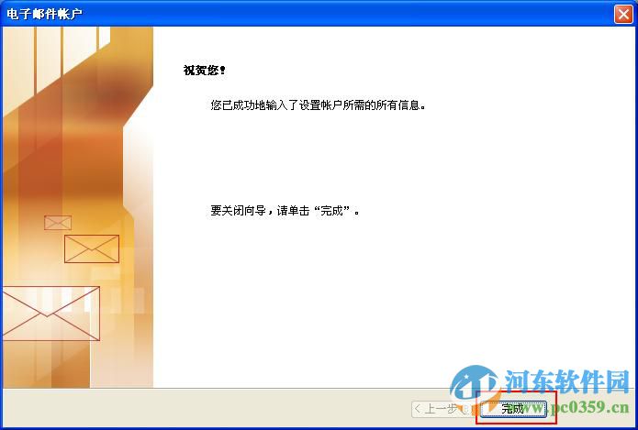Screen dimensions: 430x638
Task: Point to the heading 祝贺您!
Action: (204, 70)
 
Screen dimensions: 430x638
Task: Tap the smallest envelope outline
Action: (57, 222)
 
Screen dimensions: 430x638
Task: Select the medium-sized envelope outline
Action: (91, 248)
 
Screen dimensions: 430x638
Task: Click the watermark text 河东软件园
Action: (564, 381)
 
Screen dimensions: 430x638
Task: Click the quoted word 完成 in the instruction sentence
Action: (330, 211)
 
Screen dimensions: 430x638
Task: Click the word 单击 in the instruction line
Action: (296, 211)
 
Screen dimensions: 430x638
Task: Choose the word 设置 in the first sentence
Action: (321, 105)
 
